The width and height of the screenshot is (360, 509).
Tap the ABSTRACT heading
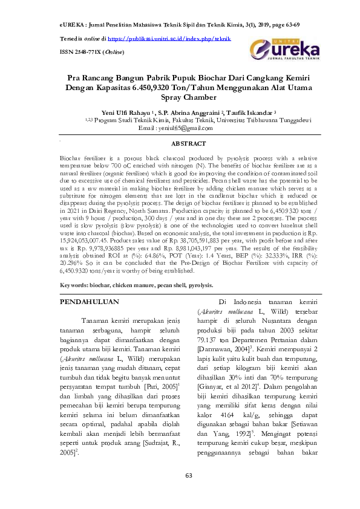click(x=189, y=144)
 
